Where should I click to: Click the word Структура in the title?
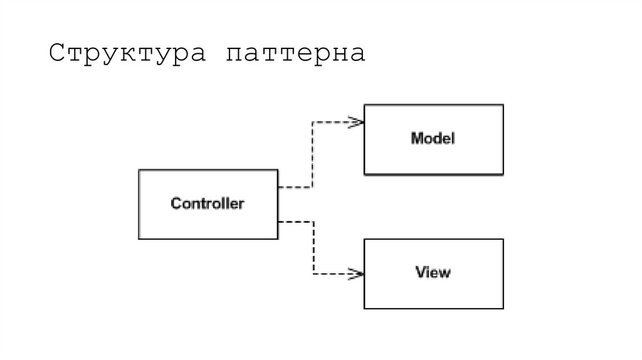pyautogui.click(x=127, y=54)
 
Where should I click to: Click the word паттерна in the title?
pyautogui.click(x=296, y=54)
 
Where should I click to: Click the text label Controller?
pyautogui.click(x=208, y=203)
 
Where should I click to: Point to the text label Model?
pyautogui.click(x=433, y=138)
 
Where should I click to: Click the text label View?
pyautogui.click(x=433, y=272)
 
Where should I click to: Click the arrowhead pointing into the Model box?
pyautogui.click(x=358, y=122)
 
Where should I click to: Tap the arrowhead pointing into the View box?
pyautogui.click(x=358, y=273)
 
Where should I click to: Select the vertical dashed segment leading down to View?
pyautogui.click(x=312, y=248)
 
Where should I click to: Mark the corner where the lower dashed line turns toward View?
pyautogui.click(x=312, y=273)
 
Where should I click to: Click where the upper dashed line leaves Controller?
pyautogui.click(x=280, y=187)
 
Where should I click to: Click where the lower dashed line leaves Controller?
pyautogui.click(x=280, y=221)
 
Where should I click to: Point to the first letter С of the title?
pyautogui.click(x=57, y=54)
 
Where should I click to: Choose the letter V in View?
pyautogui.click(x=420, y=272)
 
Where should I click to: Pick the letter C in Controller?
pyautogui.click(x=176, y=203)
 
